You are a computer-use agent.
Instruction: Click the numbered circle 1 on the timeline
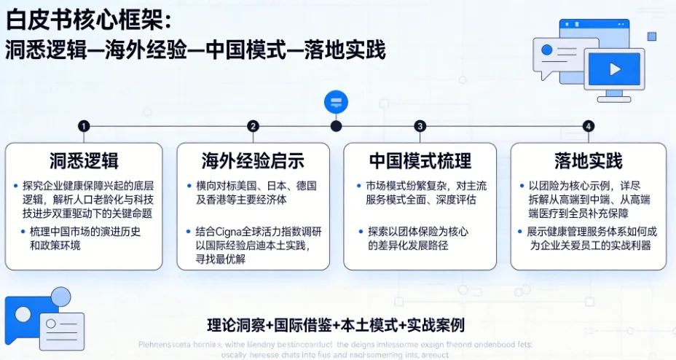click(x=85, y=126)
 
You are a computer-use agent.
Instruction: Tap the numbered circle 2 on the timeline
click(x=253, y=126)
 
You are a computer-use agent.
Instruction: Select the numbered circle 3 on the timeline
click(x=420, y=126)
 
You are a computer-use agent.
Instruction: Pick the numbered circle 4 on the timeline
click(x=588, y=126)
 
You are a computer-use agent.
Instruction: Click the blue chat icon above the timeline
click(x=336, y=101)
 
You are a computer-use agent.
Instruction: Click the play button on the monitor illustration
click(x=614, y=70)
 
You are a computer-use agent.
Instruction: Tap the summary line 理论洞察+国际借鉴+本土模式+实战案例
click(x=336, y=324)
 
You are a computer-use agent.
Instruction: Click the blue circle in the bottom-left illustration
click(x=59, y=297)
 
